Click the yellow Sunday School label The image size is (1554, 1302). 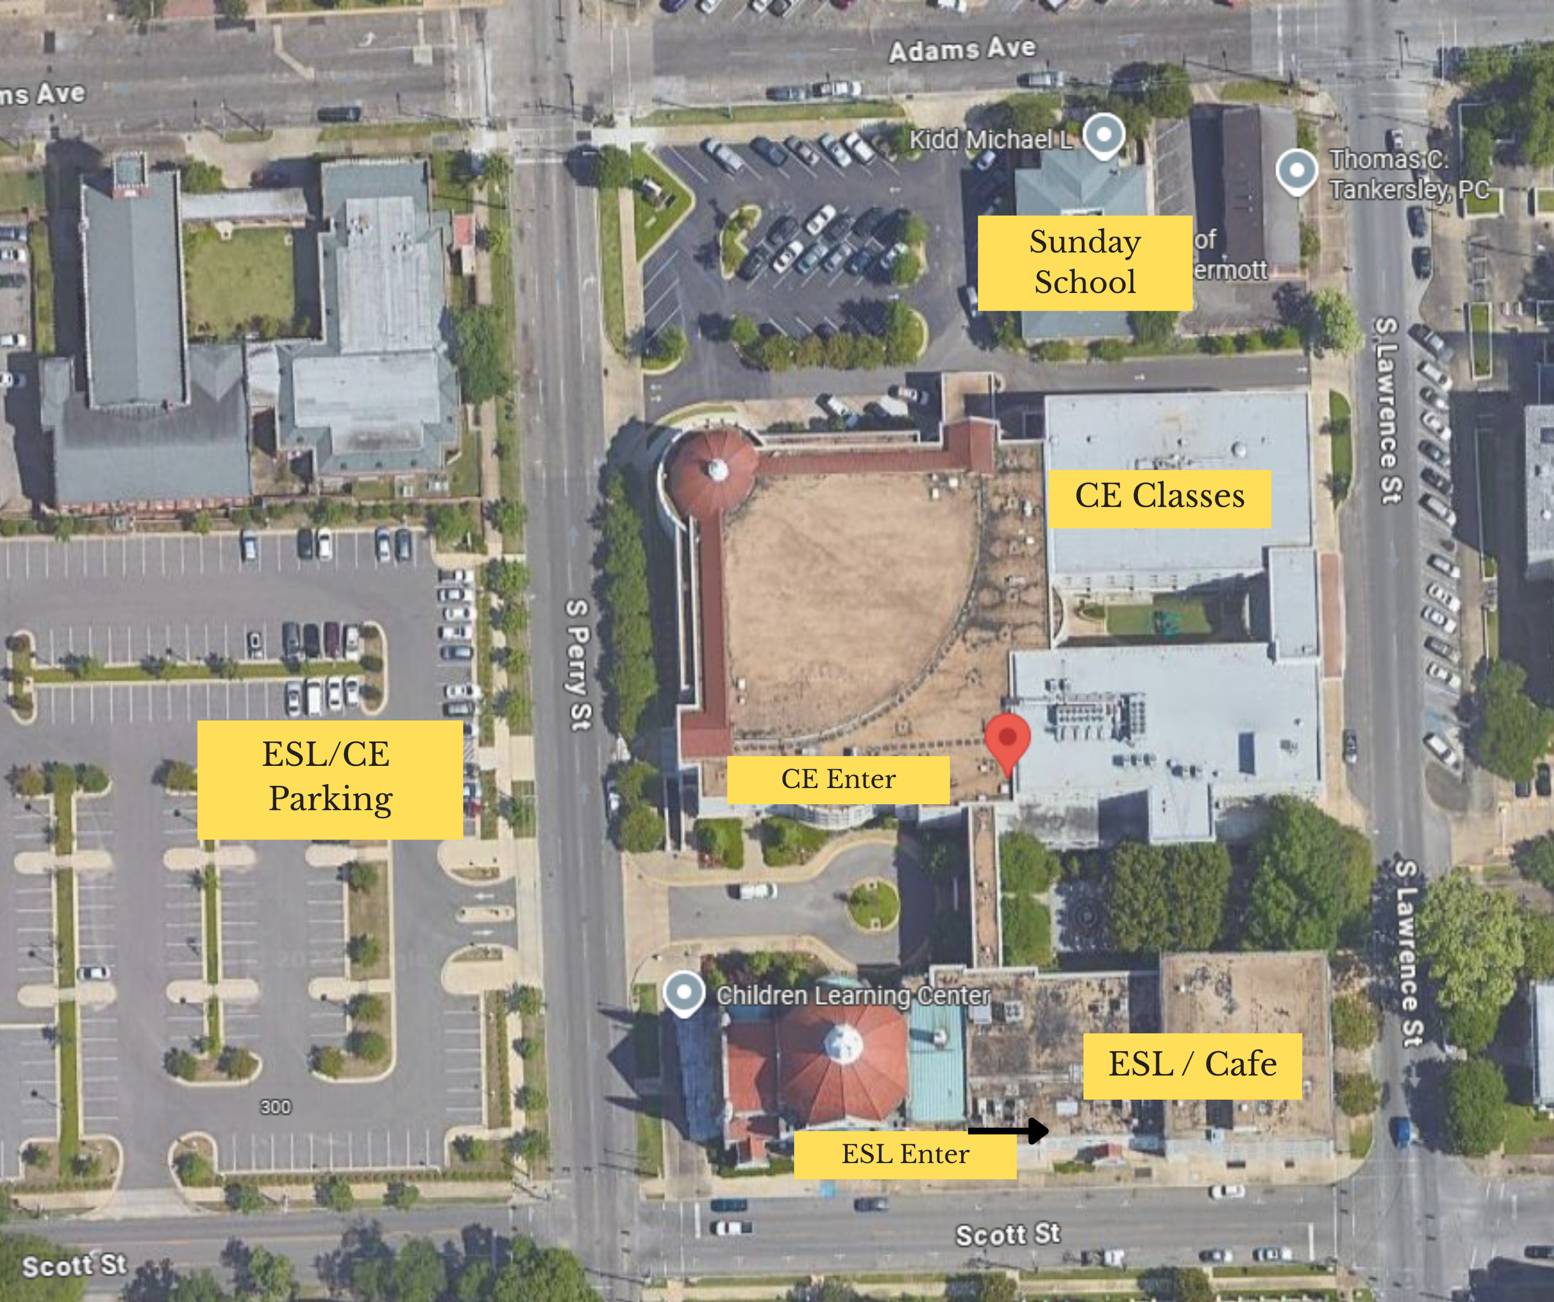tap(1085, 262)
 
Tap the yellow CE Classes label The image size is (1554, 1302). tap(1159, 498)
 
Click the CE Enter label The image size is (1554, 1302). tap(839, 779)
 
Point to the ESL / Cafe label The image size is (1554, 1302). tap(1192, 1065)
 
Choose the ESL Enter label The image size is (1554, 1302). tap(905, 1154)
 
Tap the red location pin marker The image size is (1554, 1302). tap(1007, 740)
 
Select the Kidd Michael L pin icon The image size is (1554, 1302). tap(1104, 135)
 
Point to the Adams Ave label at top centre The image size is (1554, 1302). tap(962, 50)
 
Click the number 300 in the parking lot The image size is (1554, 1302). tap(275, 1106)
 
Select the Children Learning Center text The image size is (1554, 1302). tap(853, 996)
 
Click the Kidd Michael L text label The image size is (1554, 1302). tap(990, 139)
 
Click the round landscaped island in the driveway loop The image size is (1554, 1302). tap(873, 904)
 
